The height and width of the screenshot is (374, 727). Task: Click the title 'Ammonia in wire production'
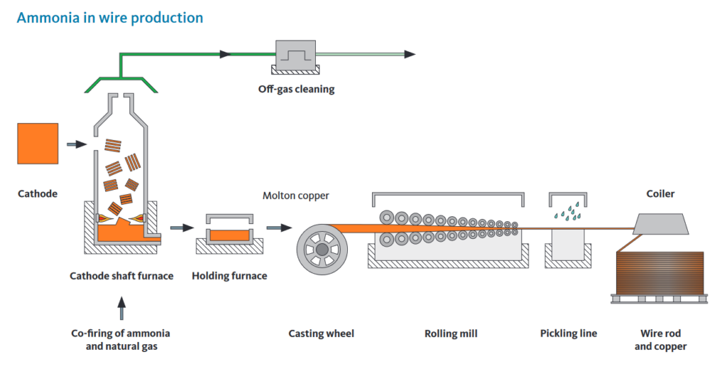coord(109,17)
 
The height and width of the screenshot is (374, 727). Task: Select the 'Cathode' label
coord(38,193)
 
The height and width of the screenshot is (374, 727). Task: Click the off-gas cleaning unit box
coord(295,55)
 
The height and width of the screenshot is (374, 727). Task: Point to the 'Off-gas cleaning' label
coord(296,90)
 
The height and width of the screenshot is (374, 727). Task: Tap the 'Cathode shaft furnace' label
coord(121,276)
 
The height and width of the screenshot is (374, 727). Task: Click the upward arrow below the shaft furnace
coord(121,308)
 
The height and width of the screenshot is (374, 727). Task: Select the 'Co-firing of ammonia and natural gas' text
coord(121,340)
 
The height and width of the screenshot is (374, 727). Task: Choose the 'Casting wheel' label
coord(321,333)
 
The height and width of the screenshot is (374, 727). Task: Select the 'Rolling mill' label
coord(451,333)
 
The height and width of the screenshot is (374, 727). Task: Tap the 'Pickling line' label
coord(568,333)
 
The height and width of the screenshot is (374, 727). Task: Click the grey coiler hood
coord(660,223)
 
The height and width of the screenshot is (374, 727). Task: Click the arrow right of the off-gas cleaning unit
coord(409,54)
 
